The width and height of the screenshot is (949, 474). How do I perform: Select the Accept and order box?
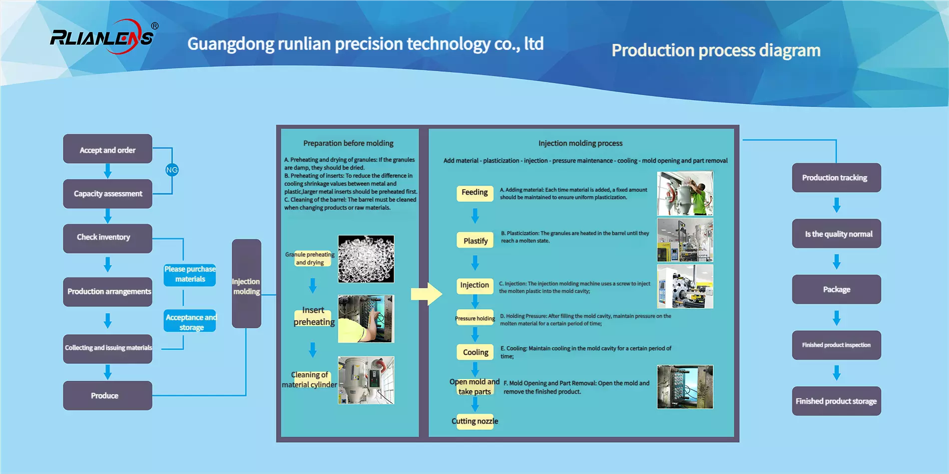[x=107, y=149]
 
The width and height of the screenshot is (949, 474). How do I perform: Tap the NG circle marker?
[x=172, y=170]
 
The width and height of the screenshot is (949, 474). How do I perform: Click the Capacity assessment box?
[x=107, y=194]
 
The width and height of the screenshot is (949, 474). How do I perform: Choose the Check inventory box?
[x=107, y=238]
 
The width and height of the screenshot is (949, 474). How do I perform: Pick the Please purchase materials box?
[x=190, y=274]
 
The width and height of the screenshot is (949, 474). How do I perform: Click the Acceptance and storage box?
[x=190, y=322]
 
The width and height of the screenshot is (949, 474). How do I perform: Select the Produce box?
[x=107, y=396]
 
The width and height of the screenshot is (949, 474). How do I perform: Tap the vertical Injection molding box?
[x=246, y=284]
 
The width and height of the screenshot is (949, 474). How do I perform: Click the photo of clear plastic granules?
[x=366, y=259]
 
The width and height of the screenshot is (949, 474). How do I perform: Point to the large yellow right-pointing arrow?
[x=426, y=294]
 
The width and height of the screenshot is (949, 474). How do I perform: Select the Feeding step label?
[x=474, y=193]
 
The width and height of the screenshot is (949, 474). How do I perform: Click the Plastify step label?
[x=475, y=240]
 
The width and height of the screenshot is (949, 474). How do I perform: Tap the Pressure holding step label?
[x=475, y=318]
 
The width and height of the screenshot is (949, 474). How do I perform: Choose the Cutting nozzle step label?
[x=475, y=421]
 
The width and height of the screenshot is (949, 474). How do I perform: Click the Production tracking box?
[x=836, y=178]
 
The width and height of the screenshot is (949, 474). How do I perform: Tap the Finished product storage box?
[x=836, y=401]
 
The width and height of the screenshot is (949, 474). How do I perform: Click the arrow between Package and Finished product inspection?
[x=837, y=317]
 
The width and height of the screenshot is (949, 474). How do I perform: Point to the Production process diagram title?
[x=716, y=50]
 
